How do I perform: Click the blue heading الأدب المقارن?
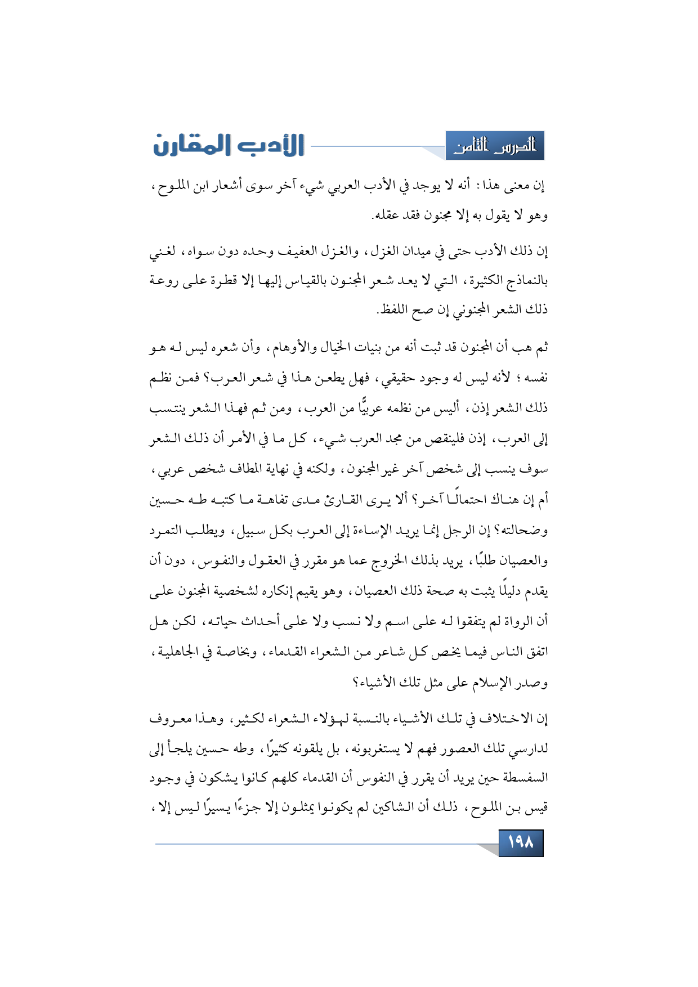(x=229, y=146)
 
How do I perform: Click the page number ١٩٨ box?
(x=521, y=842)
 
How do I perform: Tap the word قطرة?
(x=214, y=280)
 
